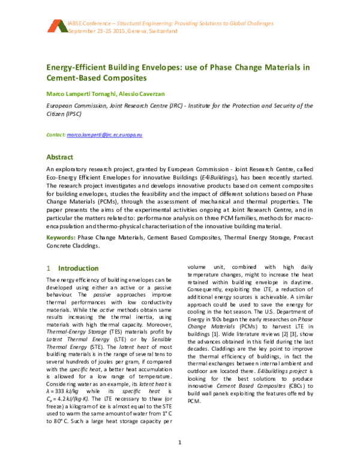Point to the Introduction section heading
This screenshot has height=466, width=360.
click(x=76, y=268)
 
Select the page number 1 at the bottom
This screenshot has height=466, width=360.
click(x=180, y=443)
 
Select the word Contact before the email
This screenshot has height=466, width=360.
click(x=56, y=136)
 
